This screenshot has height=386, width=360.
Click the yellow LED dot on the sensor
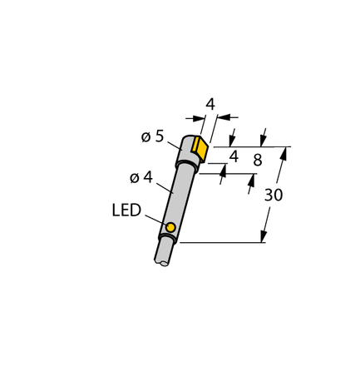170,228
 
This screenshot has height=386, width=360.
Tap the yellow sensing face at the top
200,146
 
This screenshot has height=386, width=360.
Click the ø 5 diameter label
152,137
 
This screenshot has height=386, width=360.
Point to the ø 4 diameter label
142,176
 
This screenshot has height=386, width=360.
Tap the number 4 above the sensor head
210,104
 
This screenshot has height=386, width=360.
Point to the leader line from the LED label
155,220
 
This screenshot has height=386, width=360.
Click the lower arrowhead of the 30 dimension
266,236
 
